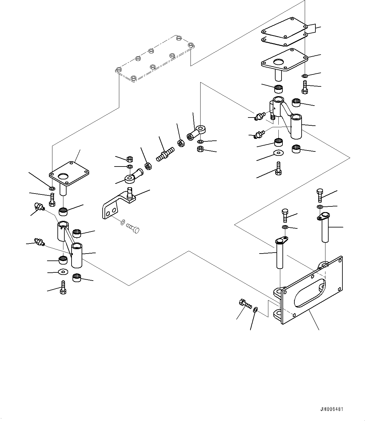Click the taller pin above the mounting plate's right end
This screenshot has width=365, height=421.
tap(325, 229)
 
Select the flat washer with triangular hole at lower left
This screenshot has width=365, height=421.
tap(63, 272)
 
